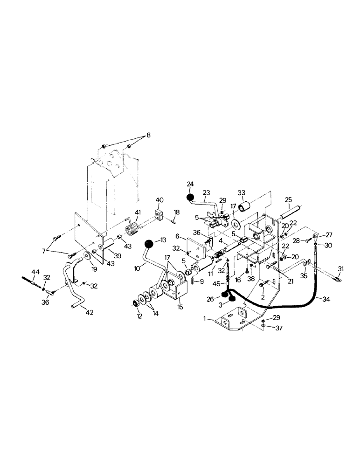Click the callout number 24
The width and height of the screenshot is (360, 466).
click(190, 184)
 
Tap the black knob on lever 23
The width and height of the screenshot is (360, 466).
click(190, 198)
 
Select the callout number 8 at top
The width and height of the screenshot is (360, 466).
click(148, 136)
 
